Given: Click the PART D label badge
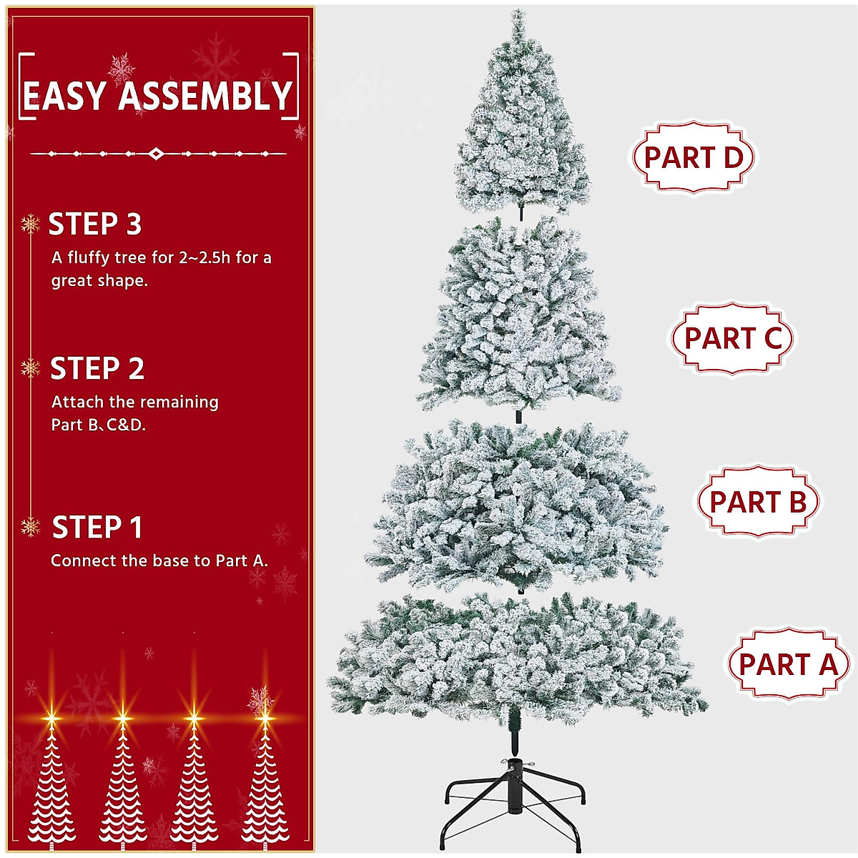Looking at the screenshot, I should (x=692, y=157).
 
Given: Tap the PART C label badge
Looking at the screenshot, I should (x=732, y=338).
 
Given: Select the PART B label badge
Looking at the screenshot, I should (x=757, y=502).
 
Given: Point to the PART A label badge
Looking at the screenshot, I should (x=787, y=664).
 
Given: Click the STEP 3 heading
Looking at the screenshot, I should (x=95, y=225).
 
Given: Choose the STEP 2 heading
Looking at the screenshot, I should (x=97, y=369).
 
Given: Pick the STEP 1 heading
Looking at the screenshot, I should (x=97, y=528).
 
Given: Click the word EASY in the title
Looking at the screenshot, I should (x=65, y=96).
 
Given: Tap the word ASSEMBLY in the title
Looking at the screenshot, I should (x=205, y=96).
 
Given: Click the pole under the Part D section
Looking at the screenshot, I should (x=521, y=212).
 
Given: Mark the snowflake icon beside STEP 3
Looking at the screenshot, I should (x=30, y=225).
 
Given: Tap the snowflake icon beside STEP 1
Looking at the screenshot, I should (x=30, y=528).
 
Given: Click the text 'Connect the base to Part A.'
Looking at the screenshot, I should (x=159, y=561).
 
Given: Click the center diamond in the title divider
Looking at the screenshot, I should (x=157, y=154).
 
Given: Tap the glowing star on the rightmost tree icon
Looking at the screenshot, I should (x=265, y=714).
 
